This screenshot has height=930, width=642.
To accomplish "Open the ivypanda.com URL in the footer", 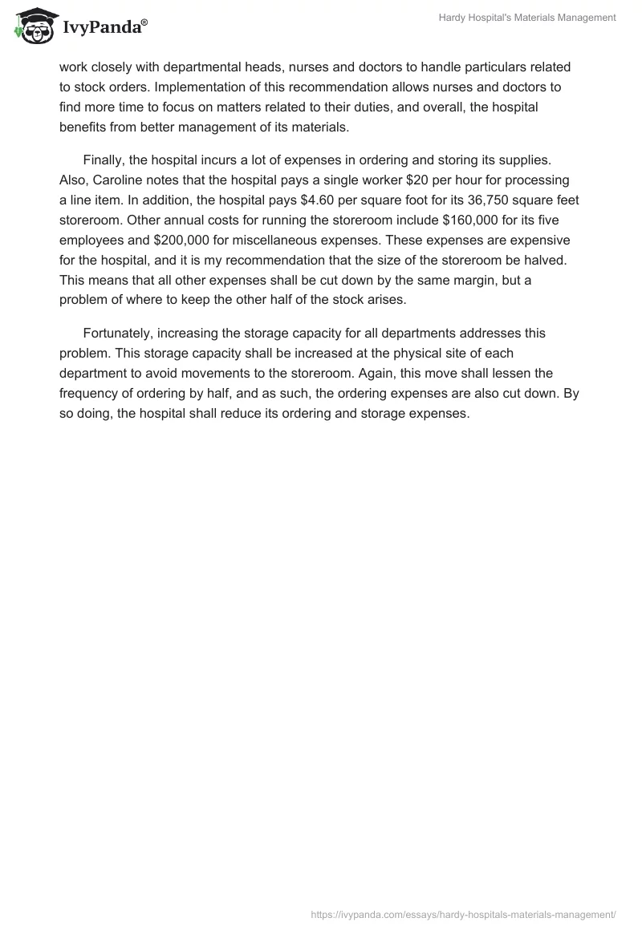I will click(x=464, y=913).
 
